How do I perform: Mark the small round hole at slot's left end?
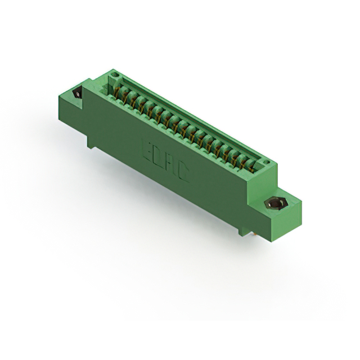pos(115,74)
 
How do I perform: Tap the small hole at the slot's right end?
pos(269,163)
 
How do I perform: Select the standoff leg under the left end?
pos(91,142)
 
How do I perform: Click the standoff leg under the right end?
pos(242,231)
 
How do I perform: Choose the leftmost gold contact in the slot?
pos(119,89)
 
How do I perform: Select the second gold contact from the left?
pos(127,94)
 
